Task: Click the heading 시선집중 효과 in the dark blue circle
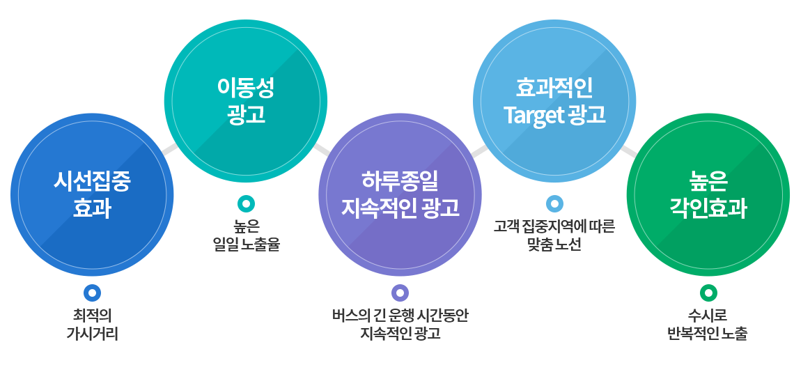(92, 195)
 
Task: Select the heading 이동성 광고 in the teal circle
(246, 102)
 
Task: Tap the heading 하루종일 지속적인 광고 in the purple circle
(400, 194)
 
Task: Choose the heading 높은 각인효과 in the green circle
(708, 195)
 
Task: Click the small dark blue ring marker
(92, 293)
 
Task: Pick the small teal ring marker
(246, 203)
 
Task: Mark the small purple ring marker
(400, 293)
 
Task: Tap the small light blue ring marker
(554, 203)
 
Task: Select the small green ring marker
(708, 293)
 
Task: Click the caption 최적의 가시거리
(92, 325)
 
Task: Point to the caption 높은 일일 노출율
(246, 236)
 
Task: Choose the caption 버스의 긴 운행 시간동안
(400, 316)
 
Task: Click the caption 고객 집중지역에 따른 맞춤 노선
(554, 236)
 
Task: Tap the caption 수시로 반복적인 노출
(708, 325)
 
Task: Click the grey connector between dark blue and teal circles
(170, 148)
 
